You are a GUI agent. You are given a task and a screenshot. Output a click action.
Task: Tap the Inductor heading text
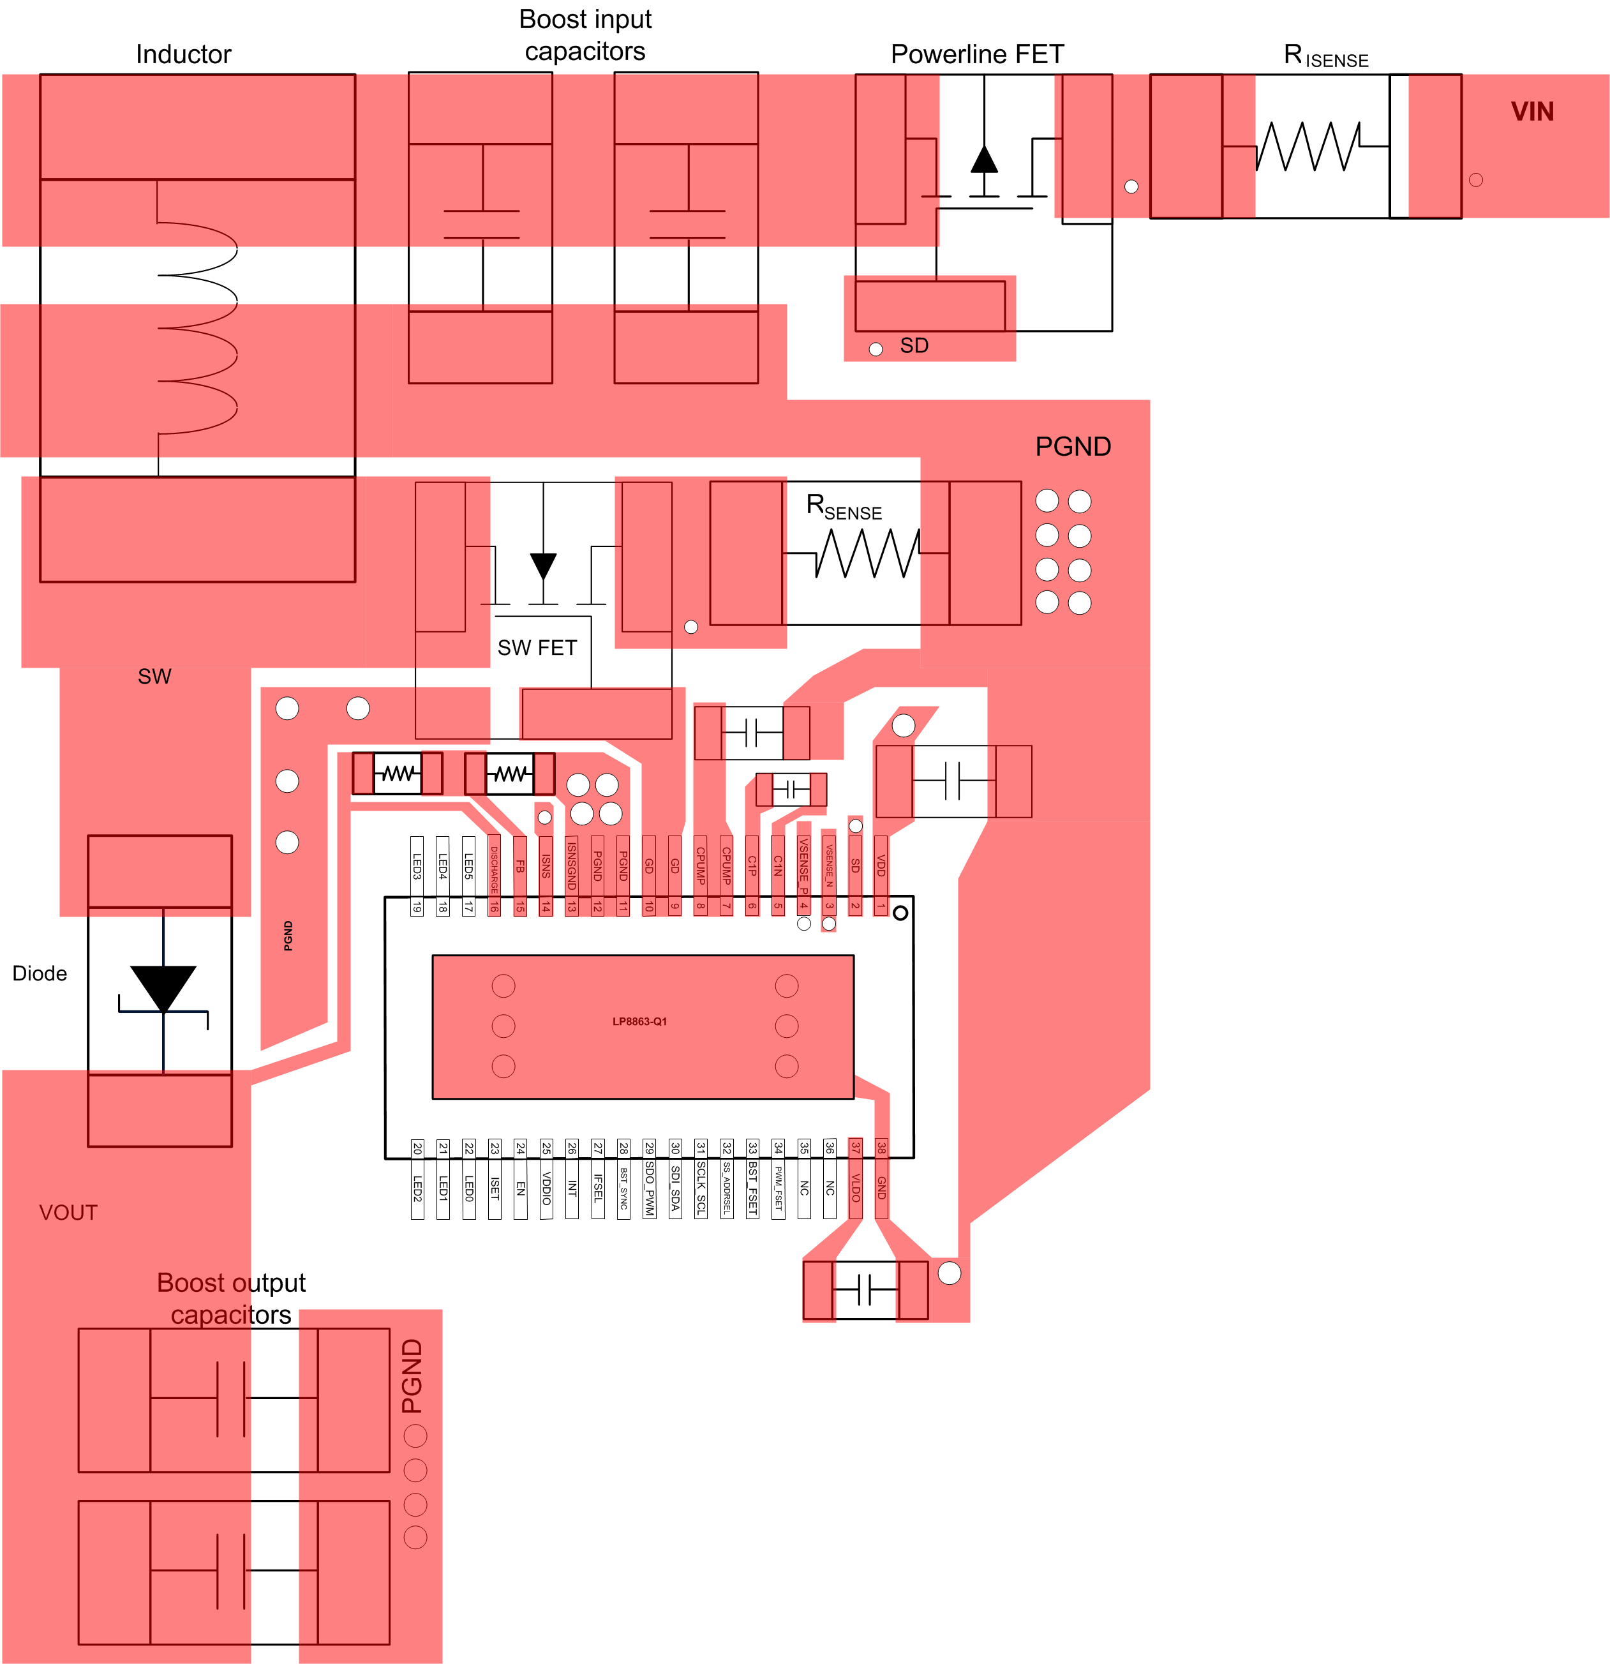[183, 54]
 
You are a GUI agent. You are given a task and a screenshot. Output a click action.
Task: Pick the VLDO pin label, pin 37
[856, 1187]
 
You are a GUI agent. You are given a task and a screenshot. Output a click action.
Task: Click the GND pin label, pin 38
[881, 1187]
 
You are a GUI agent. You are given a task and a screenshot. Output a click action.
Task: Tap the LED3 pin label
[417, 866]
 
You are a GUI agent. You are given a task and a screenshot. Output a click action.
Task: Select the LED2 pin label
[417, 1188]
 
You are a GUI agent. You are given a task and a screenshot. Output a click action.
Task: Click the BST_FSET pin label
[752, 1188]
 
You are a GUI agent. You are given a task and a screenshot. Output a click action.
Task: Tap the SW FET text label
[537, 648]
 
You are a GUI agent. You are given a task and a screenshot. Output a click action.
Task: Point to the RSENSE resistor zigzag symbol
[867, 553]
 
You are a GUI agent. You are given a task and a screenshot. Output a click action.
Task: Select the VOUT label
[68, 1212]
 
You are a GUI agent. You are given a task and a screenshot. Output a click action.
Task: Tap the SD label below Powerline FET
[914, 345]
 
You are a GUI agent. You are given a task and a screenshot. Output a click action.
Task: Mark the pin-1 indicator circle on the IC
[900, 913]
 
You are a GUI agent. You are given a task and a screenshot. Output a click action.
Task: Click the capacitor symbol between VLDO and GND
[865, 1289]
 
